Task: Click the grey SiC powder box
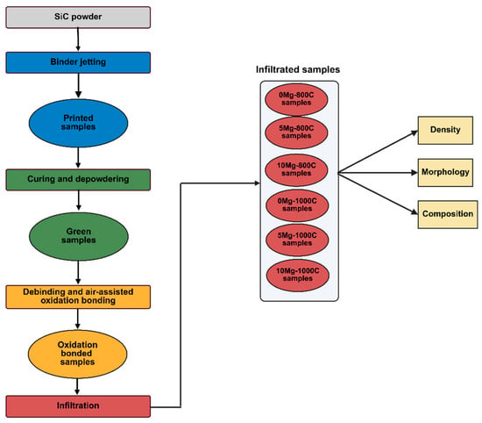[x=78, y=18]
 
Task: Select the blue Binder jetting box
[x=78, y=62]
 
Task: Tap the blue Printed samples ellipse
[x=78, y=123]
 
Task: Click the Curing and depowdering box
[x=78, y=180]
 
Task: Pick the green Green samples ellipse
[x=79, y=236]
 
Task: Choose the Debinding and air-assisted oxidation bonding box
[x=78, y=297]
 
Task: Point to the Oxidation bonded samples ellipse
[x=77, y=354]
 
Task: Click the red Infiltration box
[x=78, y=406]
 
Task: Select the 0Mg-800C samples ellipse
[x=296, y=99]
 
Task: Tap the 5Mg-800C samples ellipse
[x=296, y=133]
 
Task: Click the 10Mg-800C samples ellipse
[x=296, y=170]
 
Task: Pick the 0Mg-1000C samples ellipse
[x=297, y=205]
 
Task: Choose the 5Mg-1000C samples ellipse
[x=297, y=240]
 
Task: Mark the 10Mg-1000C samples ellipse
[x=298, y=276]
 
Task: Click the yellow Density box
[x=445, y=130]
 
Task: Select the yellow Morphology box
[x=445, y=172]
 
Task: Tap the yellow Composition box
[x=448, y=214]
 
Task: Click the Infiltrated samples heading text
[x=298, y=69]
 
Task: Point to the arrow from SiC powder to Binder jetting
[x=78, y=39]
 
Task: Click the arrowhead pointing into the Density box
[x=415, y=133]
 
